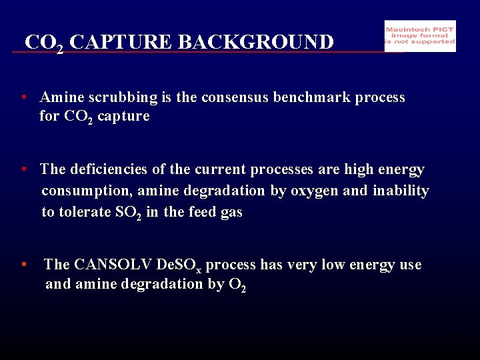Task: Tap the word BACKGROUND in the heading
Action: [x=256, y=43]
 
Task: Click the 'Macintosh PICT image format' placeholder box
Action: [x=420, y=36]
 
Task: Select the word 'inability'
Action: [x=400, y=191]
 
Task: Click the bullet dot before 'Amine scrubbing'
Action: [x=24, y=97]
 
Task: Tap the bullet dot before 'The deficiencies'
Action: [x=24, y=169]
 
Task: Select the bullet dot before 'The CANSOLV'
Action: [x=24, y=265]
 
